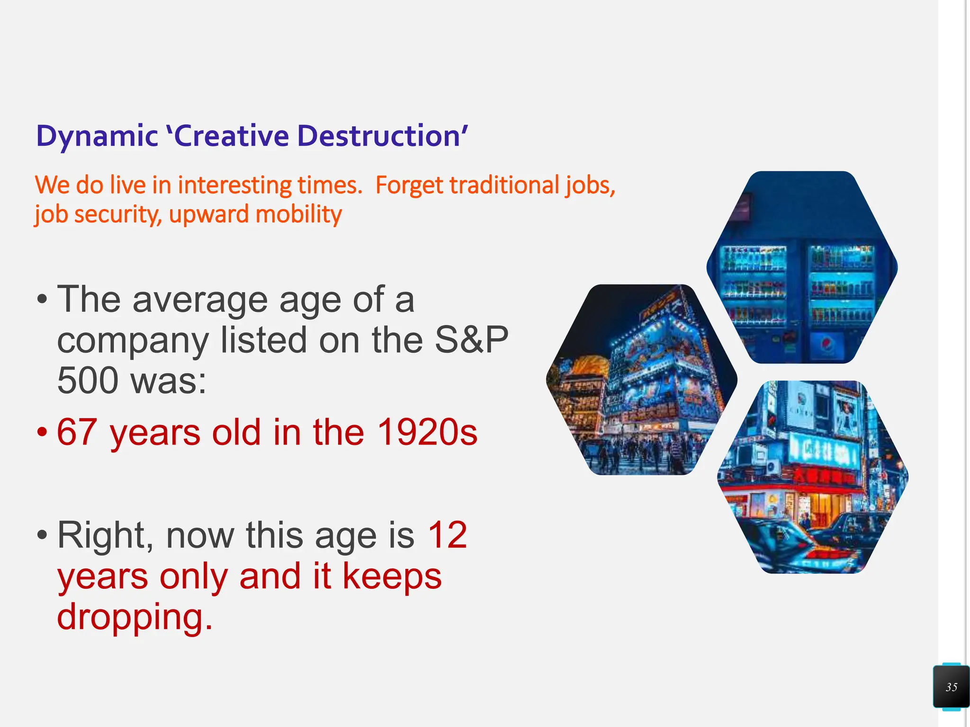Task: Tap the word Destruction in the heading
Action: [x=379, y=136]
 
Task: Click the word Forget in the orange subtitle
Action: [x=409, y=186]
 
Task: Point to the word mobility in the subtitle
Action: [x=298, y=215]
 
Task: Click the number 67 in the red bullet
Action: [x=77, y=433]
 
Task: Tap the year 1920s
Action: [x=427, y=433]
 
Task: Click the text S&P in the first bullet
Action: [x=471, y=340]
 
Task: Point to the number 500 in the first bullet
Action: [x=87, y=381]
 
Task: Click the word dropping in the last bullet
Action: [x=135, y=617]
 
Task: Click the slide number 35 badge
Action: [x=952, y=687]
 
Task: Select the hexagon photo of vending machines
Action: [x=802, y=268]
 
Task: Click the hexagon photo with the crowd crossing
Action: [x=642, y=380]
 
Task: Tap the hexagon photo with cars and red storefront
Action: [x=813, y=477]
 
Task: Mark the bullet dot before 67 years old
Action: [x=42, y=433]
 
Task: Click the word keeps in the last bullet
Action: [x=392, y=576]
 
